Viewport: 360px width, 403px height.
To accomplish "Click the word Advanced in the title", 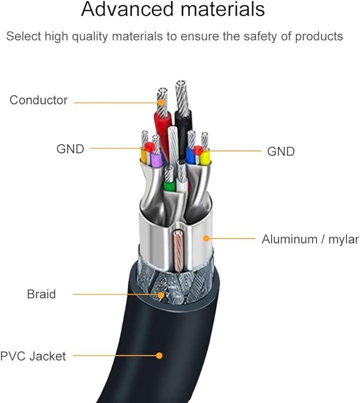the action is (x=127, y=9).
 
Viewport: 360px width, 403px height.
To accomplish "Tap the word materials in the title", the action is (x=223, y=9).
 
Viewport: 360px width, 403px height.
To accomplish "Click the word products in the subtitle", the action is (x=319, y=37).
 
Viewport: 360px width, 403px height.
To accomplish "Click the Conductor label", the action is (x=39, y=100).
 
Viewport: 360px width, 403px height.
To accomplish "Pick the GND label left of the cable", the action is (x=71, y=149).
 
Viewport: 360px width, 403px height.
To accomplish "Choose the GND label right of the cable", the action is (x=281, y=151).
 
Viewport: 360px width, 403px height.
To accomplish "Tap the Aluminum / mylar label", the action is (x=310, y=239).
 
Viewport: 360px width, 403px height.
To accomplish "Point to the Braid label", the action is (x=41, y=294).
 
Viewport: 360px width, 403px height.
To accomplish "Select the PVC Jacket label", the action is (x=33, y=356).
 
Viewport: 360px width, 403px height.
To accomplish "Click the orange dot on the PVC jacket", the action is (x=159, y=355).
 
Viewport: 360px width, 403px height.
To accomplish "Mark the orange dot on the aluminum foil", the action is (x=206, y=239).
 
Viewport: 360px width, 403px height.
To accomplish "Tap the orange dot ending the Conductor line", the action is (x=161, y=102).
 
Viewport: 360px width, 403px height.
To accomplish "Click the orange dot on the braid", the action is (x=161, y=295).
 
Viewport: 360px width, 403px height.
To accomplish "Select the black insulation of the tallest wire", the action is (x=183, y=131).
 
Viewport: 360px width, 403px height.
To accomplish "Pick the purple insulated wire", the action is (x=156, y=160).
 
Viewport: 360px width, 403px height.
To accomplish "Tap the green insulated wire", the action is (x=169, y=186).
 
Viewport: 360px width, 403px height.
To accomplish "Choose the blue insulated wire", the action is (x=190, y=155).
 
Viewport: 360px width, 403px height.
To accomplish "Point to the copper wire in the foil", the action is (x=178, y=251).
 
